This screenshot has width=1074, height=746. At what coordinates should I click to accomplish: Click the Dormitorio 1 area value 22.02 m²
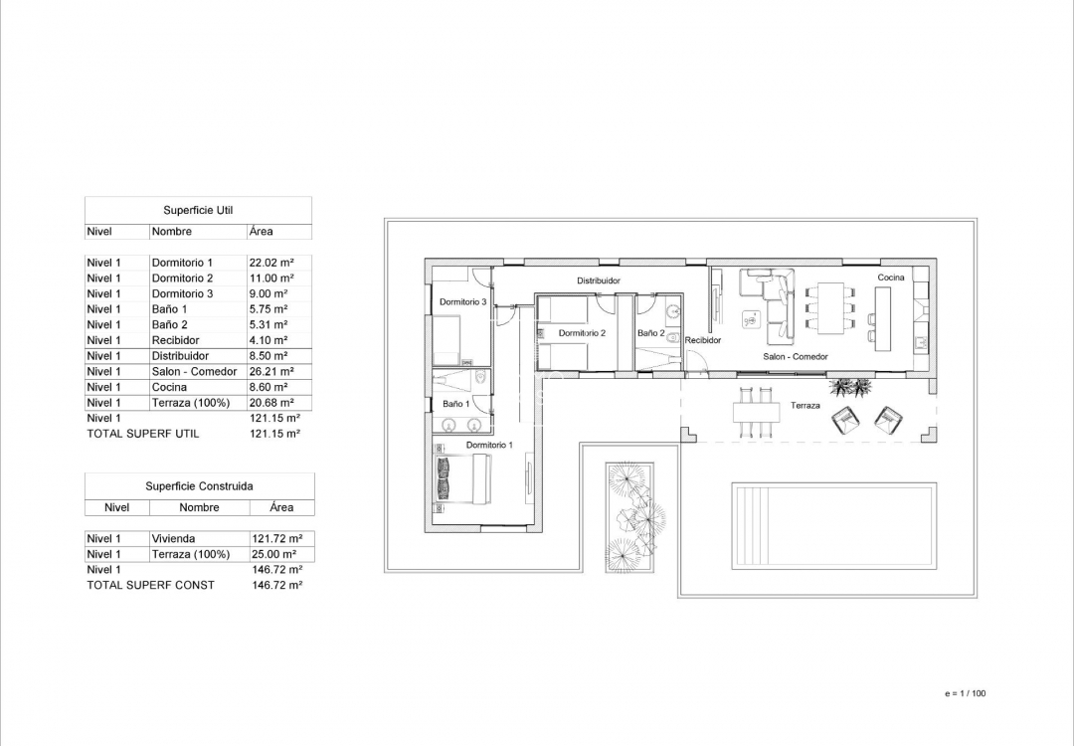click(270, 263)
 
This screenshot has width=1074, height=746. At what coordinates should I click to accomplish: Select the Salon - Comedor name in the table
click(194, 371)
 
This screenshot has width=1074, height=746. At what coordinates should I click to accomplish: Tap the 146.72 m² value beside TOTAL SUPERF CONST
click(277, 585)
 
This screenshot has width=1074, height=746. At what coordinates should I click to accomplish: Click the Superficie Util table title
click(198, 211)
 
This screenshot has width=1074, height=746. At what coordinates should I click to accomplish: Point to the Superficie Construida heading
click(199, 486)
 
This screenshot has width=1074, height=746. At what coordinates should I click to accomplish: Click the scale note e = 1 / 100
click(965, 693)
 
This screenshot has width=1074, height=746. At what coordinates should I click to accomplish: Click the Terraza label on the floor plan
click(805, 406)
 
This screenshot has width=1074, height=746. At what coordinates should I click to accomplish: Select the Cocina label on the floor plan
click(891, 278)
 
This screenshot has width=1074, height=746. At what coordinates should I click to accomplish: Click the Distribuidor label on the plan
click(599, 281)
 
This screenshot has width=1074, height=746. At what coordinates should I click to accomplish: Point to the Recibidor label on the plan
click(703, 340)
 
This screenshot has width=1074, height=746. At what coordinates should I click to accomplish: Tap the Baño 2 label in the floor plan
click(651, 333)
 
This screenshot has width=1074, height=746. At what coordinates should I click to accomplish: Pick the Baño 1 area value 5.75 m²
click(268, 309)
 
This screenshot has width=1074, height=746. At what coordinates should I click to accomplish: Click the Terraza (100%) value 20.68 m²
click(270, 402)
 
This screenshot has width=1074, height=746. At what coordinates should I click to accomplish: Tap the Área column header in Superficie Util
click(262, 232)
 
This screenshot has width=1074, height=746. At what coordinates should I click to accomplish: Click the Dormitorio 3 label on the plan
click(462, 302)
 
